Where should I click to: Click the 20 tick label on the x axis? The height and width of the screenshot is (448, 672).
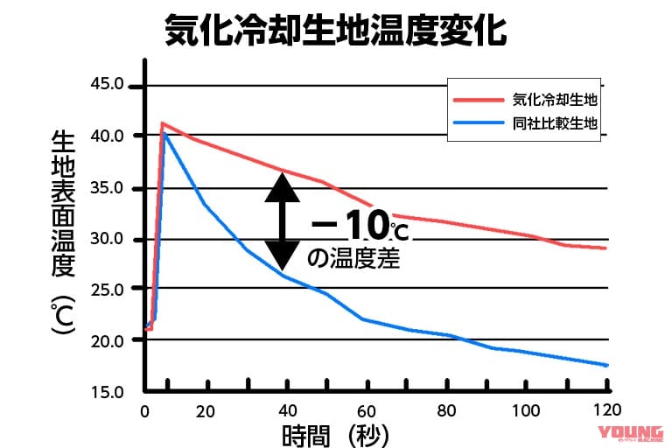pyautogui.click(x=206, y=411)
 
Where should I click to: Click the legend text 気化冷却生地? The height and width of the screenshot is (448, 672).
pyautogui.click(x=555, y=100)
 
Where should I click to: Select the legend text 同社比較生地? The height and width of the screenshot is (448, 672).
pyautogui.click(x=555, y=123)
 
